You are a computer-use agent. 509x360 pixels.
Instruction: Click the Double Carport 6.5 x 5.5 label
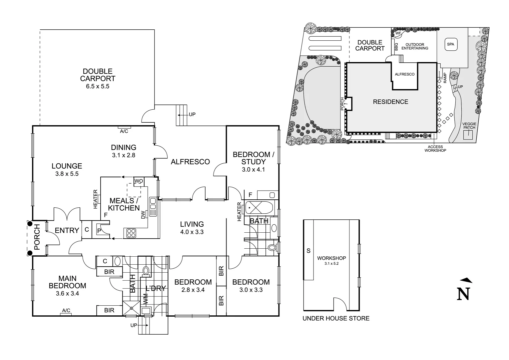click(x=98, y=79)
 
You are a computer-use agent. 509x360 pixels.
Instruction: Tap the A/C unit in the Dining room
click(x=124, y=127)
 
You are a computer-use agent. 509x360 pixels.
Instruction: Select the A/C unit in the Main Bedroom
click(x=66, y=314)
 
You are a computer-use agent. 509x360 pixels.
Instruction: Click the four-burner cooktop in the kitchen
click(x=131, y=233)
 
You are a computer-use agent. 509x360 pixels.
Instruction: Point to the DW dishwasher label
click(x=143, y=215)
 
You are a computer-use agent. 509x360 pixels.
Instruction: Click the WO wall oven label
click(x=139, y=181)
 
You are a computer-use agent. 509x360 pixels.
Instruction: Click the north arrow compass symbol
click(x=464, y=290)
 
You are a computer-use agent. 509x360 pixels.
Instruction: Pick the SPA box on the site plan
click(x=450, y=44)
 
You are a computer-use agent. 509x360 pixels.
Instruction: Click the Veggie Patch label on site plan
click(x=469, y=126)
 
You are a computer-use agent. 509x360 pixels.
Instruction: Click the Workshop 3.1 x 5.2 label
click(x=331, y=260)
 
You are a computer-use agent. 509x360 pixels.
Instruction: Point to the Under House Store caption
click(x=336, y=318)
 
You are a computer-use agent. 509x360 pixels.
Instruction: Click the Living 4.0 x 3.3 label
click(x=192, y=228)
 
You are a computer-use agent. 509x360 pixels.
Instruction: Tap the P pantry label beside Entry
click(x=99, y=231)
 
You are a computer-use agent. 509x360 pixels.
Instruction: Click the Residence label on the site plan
click(x=390, y=102)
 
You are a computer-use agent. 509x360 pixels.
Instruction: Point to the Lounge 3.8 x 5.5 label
click(x=67, y=169)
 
